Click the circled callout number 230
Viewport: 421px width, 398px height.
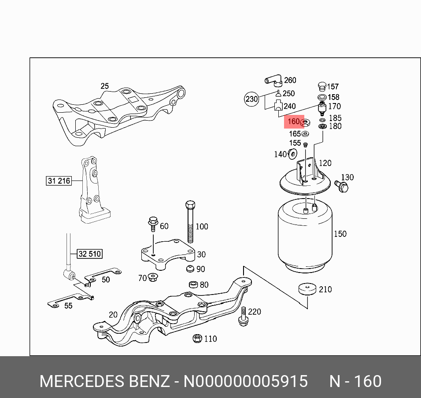251,99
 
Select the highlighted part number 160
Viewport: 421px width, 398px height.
293,121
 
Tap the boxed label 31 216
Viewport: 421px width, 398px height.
59,181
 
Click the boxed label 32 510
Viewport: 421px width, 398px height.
89,254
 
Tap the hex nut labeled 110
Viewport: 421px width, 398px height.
197,338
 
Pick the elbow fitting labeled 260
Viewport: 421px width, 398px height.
273,81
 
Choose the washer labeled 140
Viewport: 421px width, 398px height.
292,154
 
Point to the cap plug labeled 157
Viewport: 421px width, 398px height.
321,86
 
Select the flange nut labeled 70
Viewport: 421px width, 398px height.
153,277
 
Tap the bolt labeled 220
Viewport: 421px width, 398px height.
242,318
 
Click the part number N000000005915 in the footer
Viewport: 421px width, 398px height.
245,381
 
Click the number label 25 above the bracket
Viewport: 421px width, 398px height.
104,86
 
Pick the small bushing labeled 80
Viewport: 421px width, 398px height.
192,284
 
